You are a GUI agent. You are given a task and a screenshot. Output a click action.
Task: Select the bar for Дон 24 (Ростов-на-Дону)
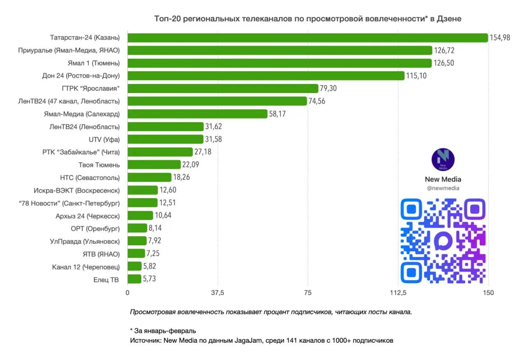tap(266, 76)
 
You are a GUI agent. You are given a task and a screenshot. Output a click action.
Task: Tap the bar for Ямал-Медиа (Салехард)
tap(198, 114)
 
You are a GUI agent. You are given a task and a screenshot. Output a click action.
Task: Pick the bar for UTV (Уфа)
tap(166, 139)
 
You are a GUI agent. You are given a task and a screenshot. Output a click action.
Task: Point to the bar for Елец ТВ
tap(134, 279)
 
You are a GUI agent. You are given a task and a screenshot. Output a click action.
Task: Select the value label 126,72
tap(444, 51)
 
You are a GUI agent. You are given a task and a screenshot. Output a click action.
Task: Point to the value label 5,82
tap(149, 266)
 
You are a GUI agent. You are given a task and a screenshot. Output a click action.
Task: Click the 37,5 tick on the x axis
tap(217, 293)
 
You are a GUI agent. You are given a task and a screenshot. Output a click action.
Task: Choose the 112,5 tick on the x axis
tap(398, 293)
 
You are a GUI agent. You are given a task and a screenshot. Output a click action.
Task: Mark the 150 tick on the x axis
tap(488, 293)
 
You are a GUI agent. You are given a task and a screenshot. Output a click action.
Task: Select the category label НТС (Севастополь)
tap(90, 178)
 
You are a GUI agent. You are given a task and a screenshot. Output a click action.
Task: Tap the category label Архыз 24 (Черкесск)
tap(88, 216)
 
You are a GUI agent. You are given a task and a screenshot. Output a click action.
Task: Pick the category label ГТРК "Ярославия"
tap(93, 88)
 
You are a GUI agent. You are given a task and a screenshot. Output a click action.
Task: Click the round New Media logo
tap(443, 160)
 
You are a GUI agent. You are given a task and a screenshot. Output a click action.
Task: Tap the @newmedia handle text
tap(443, 188)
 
